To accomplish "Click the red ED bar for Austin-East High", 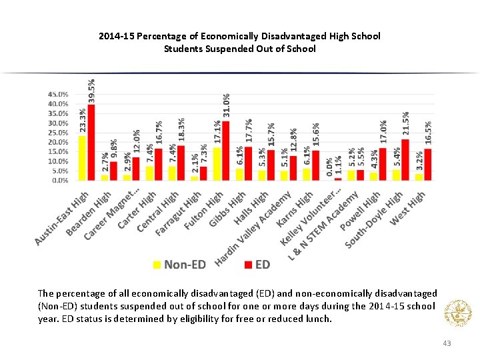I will tap(91, 142).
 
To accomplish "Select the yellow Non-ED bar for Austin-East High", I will tap(82, 158).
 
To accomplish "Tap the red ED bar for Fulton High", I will tap(226, 151).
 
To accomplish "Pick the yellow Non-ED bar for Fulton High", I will tap(217, 163).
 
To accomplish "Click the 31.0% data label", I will tap(227, 107).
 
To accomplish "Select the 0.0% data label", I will tap(329, 167).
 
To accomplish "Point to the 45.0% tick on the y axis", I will tap(57, 95).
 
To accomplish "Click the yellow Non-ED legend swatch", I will tap(157, 265).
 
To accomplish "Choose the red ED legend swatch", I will tap(247, 265).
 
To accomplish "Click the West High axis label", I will tap(407, 207).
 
